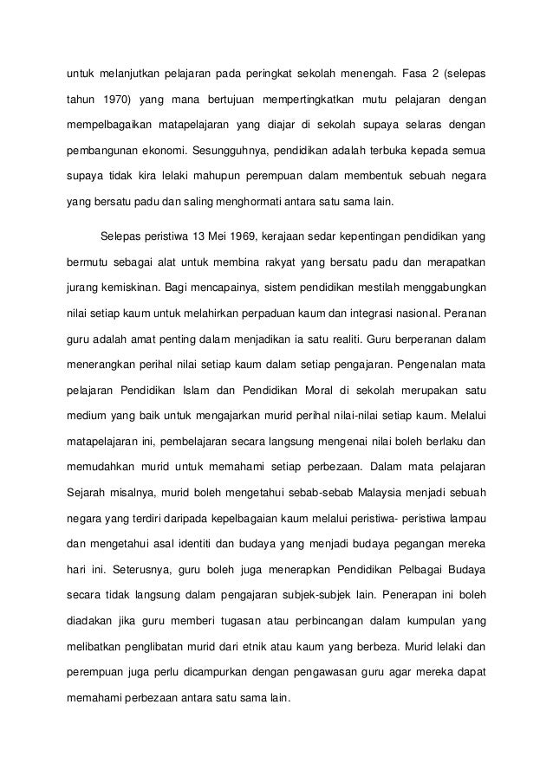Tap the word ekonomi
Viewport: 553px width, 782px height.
[x=159, y=150]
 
